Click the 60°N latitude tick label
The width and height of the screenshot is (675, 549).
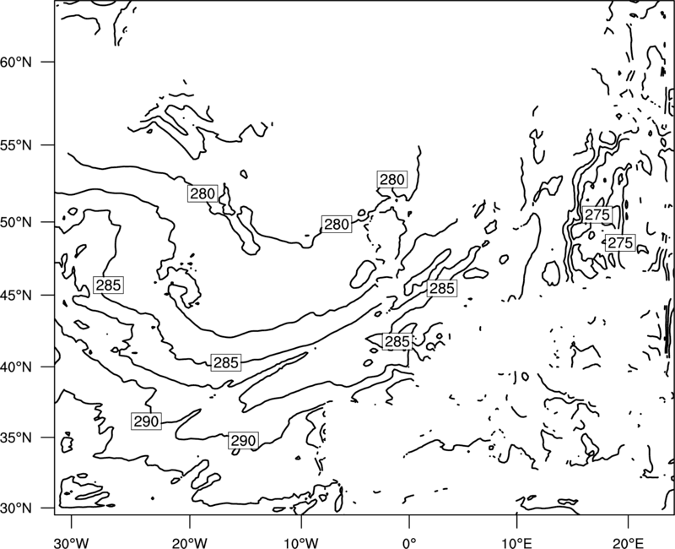[16, 63]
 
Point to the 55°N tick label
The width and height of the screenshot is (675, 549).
[16, 145]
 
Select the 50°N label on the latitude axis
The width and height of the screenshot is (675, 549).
[16, 223]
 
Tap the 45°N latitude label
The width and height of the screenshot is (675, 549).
[16, 296]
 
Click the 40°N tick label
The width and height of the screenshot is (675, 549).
[16, 367]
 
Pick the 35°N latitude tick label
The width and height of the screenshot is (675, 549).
[16, 438]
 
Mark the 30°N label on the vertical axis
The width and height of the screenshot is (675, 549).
[16, 508]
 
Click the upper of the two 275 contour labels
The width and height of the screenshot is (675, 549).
[597, 215]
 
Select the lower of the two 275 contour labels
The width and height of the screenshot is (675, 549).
[620, 243]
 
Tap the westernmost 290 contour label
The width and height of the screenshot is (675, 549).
[146, 421]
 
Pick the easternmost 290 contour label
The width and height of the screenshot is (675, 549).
[244, 440]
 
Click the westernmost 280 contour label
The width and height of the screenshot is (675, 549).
[202, 193]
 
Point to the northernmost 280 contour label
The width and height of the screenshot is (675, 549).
[392, 179]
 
